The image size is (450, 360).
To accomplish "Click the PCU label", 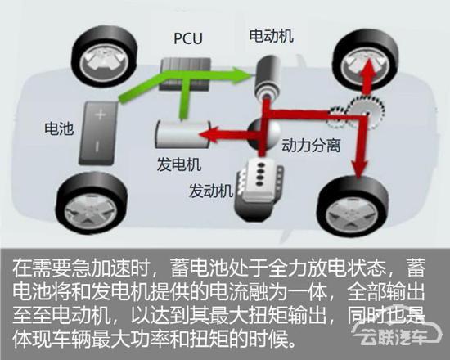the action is pos(188,38).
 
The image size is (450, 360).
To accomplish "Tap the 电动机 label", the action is pos(271,36).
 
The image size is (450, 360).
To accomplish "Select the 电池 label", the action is pos(59,128).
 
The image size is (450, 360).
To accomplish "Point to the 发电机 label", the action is pos(179,164).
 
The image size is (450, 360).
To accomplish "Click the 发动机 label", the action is pos(211,191).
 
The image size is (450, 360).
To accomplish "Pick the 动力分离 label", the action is pos(311,146).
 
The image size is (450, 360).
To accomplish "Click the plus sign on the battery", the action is pos(101,115).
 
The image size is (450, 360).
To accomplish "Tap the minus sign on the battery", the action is pos(97,146).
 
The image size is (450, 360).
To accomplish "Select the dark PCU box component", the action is pos(185,74).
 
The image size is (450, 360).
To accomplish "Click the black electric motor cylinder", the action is pos(268,78).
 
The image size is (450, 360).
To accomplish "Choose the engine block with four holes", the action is pos(259,190).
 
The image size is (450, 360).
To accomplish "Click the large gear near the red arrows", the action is pos(365,112).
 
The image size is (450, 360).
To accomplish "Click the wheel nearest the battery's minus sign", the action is pos(92,202).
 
